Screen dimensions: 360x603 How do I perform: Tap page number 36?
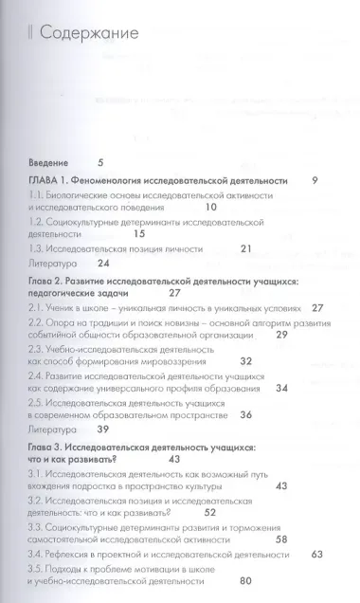(245, 388)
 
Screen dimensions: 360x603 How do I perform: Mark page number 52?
(210, 485)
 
